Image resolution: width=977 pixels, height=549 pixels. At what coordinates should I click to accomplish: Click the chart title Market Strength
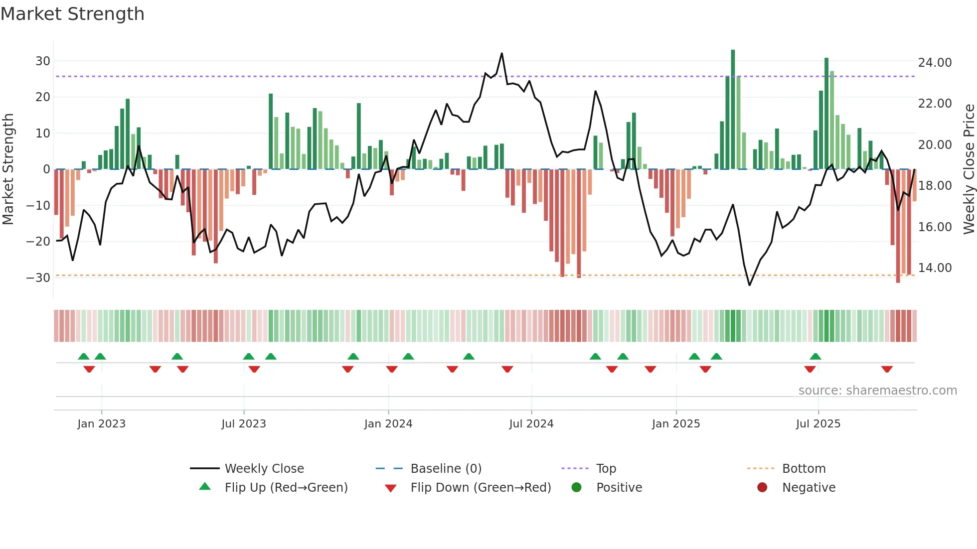(72, 14)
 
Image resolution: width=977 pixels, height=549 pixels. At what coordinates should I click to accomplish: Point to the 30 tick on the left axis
(43, 61)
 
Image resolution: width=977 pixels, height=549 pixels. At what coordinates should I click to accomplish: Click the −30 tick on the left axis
(39, 277)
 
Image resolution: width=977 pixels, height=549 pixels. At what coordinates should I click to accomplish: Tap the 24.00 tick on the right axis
(935, 63)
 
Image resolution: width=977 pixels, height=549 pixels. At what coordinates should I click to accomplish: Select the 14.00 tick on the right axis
(935, 268)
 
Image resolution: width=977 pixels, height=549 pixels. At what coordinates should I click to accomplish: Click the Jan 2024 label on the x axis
(388, 424)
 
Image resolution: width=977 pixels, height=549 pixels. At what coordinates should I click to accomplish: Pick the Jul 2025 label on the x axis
(818, 424)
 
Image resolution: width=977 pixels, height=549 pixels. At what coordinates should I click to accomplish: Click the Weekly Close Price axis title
(969, 169)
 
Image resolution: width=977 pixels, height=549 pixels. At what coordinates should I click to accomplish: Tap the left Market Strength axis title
(8, 169)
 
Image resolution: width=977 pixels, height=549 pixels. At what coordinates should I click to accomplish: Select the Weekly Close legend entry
(264, 469)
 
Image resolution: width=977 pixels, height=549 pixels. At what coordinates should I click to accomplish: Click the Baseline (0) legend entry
(446, 469)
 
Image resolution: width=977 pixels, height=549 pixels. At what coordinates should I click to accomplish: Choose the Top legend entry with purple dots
(606, 469)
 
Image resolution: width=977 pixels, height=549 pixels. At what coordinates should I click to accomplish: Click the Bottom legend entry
(804, 469)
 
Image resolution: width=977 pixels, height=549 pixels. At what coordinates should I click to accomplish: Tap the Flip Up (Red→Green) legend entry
(286, 488)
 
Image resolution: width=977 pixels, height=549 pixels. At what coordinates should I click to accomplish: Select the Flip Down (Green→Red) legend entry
(480, 488)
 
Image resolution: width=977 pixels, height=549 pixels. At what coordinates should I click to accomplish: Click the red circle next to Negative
(762, 488)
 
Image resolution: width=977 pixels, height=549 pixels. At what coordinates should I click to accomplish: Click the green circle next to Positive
(576, 488)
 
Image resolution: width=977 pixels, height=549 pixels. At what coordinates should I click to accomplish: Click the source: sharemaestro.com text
(877, 391)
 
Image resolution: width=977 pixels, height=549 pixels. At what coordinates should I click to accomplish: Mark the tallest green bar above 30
(733, 110)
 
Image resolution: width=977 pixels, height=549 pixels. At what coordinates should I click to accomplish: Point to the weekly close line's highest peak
(501, 54)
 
